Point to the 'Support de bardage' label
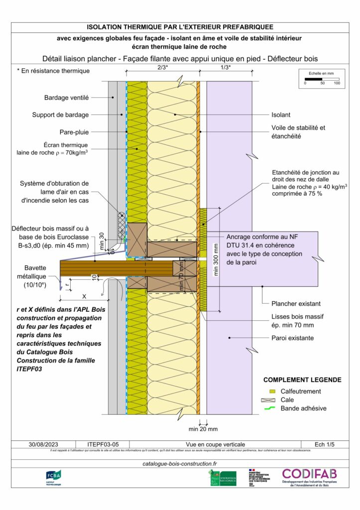pos(60,115)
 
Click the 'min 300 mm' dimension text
pos(216,259)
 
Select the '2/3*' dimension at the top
pos(162,67)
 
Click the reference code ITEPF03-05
pos(101,444)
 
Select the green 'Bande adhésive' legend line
pos(270,408)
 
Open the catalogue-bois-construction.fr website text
pos(180,463)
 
